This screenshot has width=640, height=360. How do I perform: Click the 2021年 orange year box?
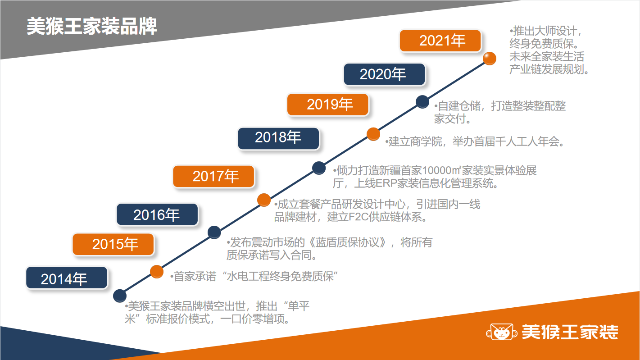(440, 41)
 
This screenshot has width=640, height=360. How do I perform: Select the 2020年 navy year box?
(384, 74)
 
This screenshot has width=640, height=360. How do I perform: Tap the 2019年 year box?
(328, 105)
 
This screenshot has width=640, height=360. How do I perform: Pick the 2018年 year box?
(279, 139)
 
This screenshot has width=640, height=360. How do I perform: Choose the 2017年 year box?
(213, 176)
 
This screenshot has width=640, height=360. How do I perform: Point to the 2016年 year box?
(157, 214)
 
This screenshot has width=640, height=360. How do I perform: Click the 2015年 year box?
(113, 244)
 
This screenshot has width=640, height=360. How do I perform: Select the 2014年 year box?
(67, 278)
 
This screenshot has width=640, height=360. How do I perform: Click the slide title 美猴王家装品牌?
(91, 26)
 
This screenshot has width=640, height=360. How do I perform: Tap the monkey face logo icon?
(501, 332)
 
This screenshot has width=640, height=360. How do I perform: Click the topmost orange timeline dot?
(490, 59)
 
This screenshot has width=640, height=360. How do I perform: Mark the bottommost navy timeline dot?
(120, 296)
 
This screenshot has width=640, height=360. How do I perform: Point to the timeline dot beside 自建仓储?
(422, 102)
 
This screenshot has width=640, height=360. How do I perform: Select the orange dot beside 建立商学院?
(373, 134)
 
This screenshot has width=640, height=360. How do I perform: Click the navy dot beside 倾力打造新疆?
(319, 168)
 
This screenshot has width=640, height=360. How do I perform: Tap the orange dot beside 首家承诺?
(157, 271)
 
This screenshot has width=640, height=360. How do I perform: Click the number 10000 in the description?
(436, 171)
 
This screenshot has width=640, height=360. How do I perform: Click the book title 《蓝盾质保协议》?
(347, 242)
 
